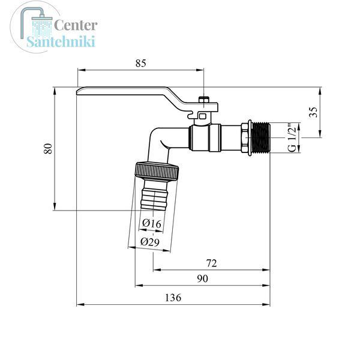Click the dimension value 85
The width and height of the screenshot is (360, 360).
[x=140, y=63]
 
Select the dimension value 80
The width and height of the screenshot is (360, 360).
[x=48, y=148]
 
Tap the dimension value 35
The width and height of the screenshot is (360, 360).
[x=313, y=112]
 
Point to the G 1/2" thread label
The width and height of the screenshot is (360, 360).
[x=292, y=138]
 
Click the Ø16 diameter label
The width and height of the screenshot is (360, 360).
[x=152, y=223]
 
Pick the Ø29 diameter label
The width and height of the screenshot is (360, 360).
[x=150, y=242]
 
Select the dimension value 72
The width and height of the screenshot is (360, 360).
[x=211, y=263]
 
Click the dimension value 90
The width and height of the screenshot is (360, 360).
[x=203, y=278]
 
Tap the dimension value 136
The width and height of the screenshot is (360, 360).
[x=173, y=298]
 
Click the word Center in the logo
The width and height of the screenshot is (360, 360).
[x=76, y=25]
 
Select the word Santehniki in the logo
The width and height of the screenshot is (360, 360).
[x=61, y=41]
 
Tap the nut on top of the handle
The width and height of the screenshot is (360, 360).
[x=204, y=100]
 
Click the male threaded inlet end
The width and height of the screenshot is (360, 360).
[x=261, y=138]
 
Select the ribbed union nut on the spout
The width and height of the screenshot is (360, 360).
[x=157, y=171]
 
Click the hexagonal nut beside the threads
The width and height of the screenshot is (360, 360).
[x=246, y=138]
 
